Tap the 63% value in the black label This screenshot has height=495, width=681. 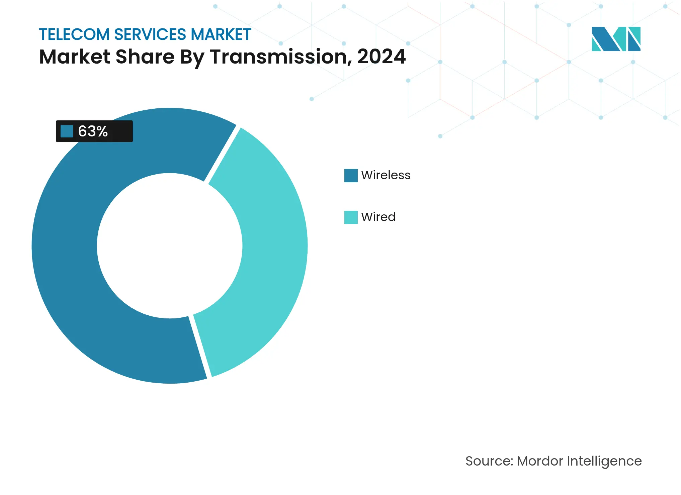coord(93,131)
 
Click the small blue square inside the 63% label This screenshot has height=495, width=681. coord(67,131)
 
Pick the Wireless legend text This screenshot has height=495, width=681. coord(386,175)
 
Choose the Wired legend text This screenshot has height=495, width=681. coord(378,217)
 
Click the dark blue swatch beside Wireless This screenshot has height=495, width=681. coord(351,176)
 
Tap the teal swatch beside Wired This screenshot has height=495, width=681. coord(351,217)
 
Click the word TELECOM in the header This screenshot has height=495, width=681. coord(74,34)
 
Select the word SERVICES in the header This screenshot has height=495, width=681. coord(150,34)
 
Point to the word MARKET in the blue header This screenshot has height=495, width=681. coord(221,34)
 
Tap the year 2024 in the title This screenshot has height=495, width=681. coord(381,57)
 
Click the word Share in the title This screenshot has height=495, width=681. coord(145,57)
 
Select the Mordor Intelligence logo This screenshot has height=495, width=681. coord(616,39)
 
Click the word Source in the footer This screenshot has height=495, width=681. coord(489,461)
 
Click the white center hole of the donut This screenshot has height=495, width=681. coord(170,246)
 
